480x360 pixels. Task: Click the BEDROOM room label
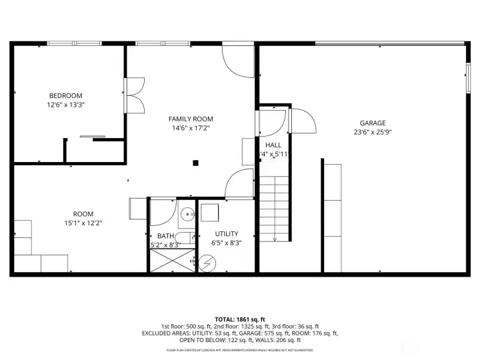(65, 95)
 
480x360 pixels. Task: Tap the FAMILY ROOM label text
(190, 119)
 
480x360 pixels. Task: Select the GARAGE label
(373, 123)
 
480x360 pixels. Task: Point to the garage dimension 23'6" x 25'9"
(373, 132)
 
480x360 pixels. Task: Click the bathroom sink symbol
(187, 213)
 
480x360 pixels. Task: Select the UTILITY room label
(227, 234)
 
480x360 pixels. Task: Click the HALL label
(273, 145)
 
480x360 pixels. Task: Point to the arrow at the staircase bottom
(275, 238)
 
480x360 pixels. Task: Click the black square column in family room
(195, 162)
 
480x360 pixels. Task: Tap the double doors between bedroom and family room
(134, 94)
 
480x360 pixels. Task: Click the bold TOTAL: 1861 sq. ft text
(239, 319)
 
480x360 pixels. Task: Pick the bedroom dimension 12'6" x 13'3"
(65, 105)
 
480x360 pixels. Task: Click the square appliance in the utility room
(209, 213)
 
